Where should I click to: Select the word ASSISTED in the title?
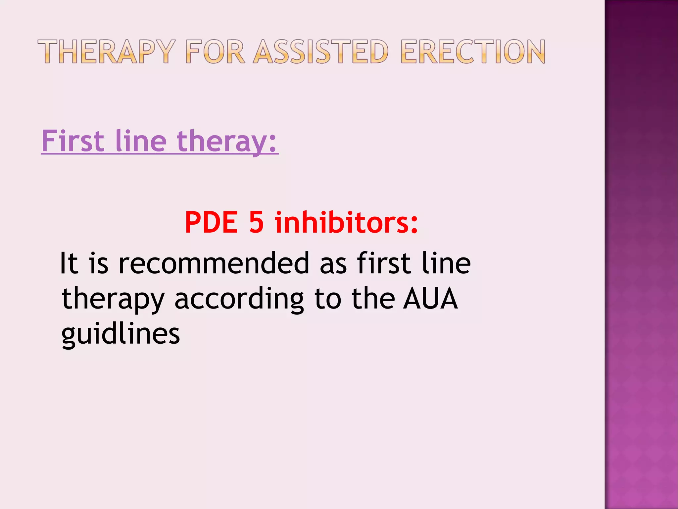(321, 52)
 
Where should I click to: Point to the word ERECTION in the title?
(473, 52)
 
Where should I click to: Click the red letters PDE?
(211, 222)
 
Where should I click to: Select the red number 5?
(256, 222)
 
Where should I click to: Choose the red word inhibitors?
(346, 222)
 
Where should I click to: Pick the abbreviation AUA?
(430, 299)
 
